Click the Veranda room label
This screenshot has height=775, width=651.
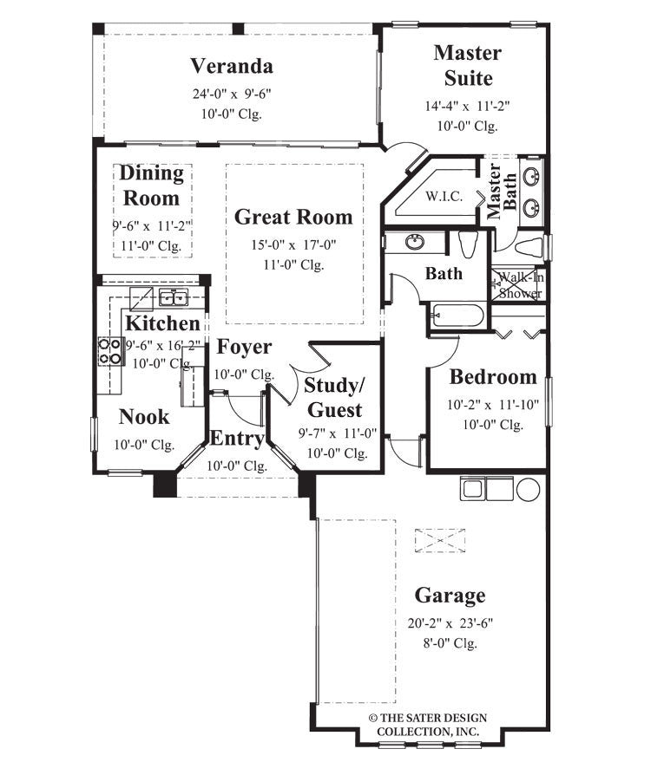(x=232, y=66)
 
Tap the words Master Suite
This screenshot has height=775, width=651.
(x=468, y=65)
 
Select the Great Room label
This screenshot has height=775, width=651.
(x=293, y=217)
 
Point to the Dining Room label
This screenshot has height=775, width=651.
(x=152, y=186)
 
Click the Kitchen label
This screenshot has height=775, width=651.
(x=162, y=323)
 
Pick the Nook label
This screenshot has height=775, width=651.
(x=144, y=417)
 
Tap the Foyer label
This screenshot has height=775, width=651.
(x=244, y=347)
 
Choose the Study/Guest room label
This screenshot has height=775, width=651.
(x=334, y=397)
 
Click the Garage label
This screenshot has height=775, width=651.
(x=450, y=596)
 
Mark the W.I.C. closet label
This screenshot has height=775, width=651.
(x=444, y=197)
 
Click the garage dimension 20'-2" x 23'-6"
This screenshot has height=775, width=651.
(x=450, y=622)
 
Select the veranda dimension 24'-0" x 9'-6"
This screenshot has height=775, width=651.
(x=232, y=93)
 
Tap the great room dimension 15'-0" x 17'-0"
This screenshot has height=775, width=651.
(x=293, y=245)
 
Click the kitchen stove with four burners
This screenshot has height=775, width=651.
(x=109, y=350)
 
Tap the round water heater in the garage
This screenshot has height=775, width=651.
(x=528, y=489)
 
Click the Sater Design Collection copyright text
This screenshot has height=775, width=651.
(x=427, y=725)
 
